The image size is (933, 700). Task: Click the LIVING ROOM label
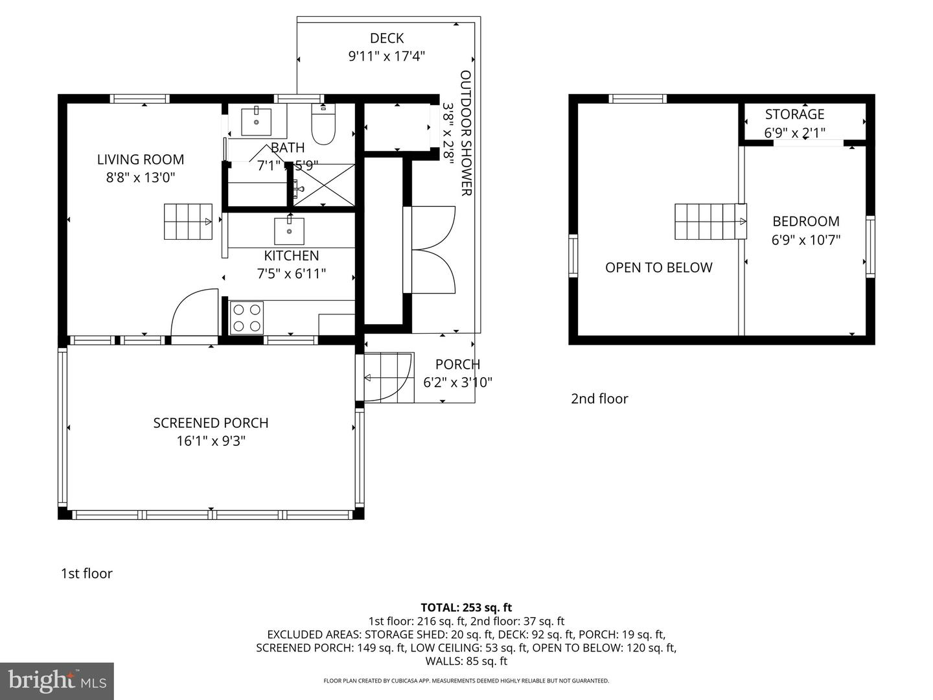point(141,159)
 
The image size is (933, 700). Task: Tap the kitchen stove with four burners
point(247,318)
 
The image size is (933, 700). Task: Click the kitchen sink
point(289,231)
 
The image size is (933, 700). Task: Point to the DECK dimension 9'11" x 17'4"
point(386,56)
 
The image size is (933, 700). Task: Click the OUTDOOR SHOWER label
point(466,133)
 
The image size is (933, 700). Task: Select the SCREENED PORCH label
point(211,423)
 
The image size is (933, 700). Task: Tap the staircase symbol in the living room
point(188,222)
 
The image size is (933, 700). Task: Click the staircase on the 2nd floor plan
point(710,222)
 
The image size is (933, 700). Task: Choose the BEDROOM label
point(805,221)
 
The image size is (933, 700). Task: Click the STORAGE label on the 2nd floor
point(794,114)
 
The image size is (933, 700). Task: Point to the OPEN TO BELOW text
point(658,268)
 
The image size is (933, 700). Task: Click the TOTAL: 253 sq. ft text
point(466,607)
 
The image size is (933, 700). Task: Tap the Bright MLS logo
point(57,681)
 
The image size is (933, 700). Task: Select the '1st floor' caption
point(87,574)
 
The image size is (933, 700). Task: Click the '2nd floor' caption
point(599,399)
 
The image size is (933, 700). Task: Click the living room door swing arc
point(193,312)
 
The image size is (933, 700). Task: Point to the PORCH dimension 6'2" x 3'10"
point(457,382)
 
